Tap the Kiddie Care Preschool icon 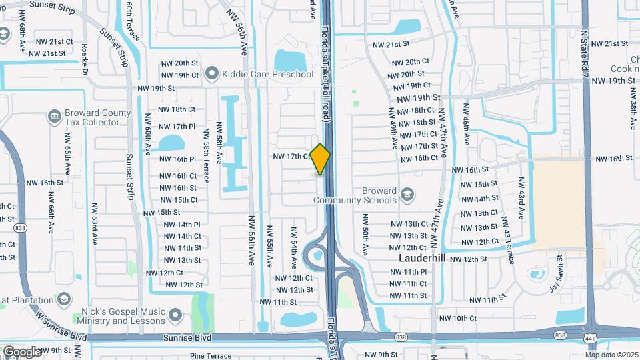213,73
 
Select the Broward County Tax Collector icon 54,117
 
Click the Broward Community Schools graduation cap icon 407,195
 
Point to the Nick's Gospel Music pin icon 175,314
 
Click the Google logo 21,351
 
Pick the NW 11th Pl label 409,271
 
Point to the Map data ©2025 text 613,355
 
